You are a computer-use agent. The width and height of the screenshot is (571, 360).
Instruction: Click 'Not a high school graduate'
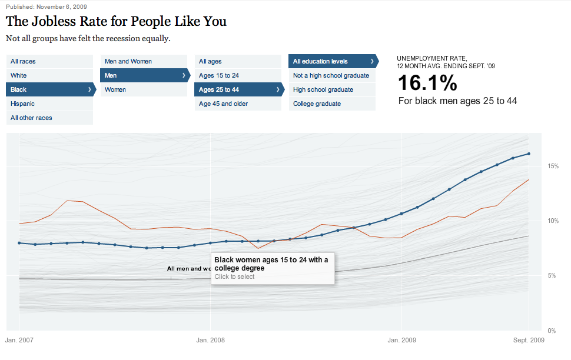click(331, 75)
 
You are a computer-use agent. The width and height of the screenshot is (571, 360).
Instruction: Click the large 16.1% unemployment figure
click(427, 83)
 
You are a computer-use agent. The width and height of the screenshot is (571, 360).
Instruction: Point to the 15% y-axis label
click(553, 166)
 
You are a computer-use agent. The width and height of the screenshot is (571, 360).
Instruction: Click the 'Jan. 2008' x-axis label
click(210, 340)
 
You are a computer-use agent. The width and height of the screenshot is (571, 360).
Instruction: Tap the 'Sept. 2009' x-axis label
click(528, 340)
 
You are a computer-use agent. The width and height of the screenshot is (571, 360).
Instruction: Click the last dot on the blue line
click(529, 154)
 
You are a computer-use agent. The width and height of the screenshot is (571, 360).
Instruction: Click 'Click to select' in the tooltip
click(234, 276)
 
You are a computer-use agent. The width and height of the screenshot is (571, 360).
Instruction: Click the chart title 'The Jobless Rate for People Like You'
click(116, 22)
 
